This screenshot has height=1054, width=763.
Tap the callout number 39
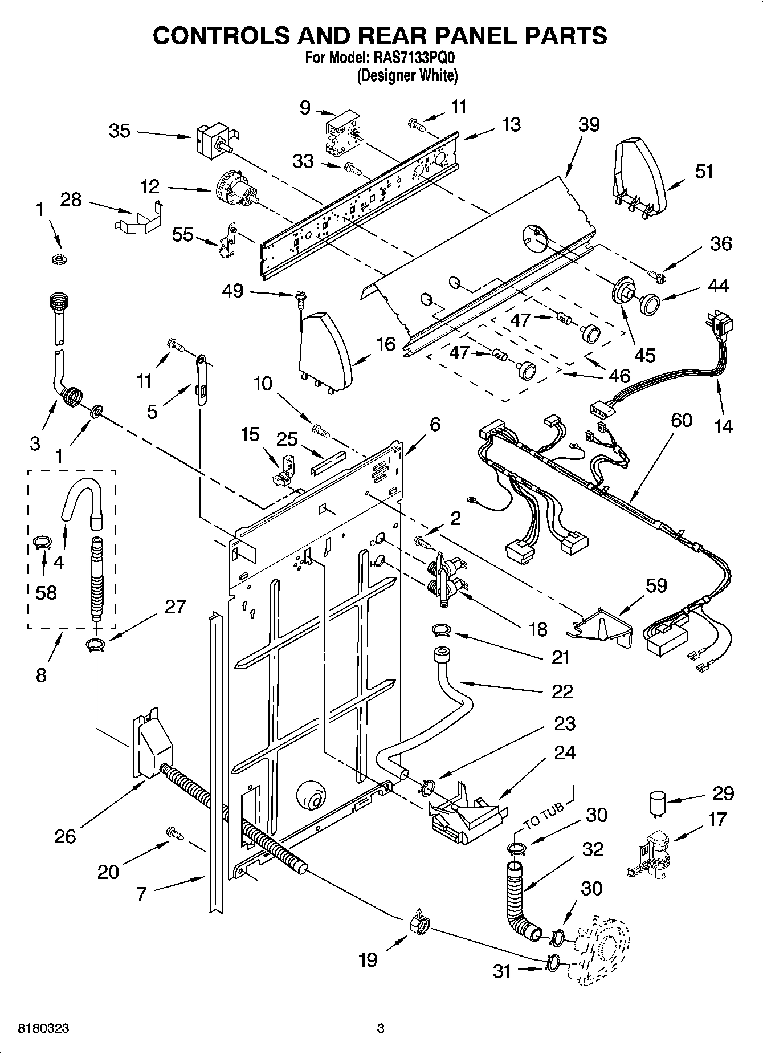click(589, 124)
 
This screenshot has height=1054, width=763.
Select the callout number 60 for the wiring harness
click(682, 420)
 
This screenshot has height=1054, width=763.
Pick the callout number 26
click(64, 836)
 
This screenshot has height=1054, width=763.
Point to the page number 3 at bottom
click(381, 1029)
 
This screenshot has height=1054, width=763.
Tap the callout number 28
click(71, 200)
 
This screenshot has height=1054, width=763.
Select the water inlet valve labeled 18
click(446, 579)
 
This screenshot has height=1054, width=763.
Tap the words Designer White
click(407, 75)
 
